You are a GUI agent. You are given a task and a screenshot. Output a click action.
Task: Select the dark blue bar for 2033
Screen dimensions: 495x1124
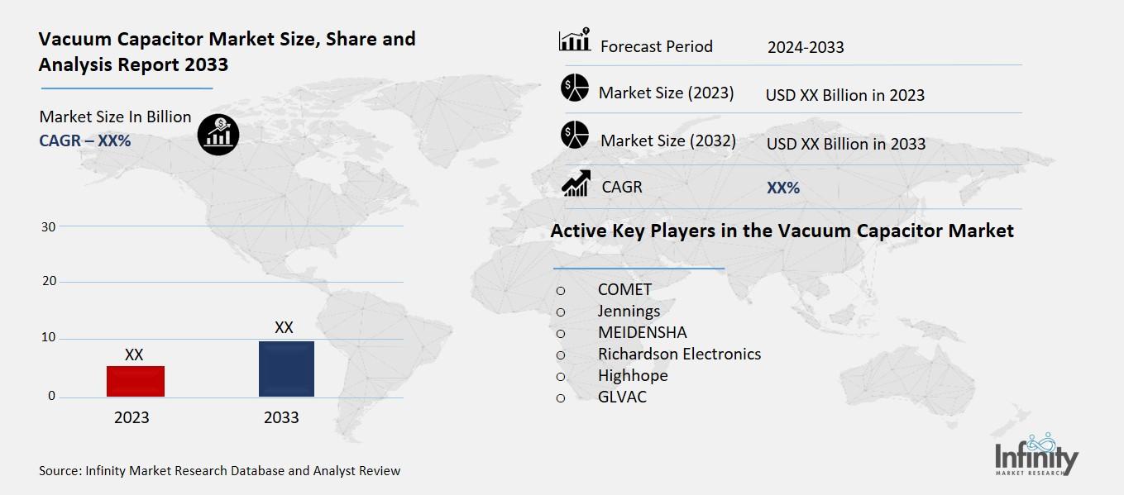[286, 369]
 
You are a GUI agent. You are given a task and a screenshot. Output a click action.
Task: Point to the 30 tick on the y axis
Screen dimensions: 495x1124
[49, 226]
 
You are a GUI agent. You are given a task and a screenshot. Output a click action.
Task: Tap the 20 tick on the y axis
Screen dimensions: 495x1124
[49, 282]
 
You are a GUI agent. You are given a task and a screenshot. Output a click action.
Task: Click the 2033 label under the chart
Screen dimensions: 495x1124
[281, 417]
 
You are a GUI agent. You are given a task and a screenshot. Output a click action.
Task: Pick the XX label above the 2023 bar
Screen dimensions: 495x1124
[134, 355]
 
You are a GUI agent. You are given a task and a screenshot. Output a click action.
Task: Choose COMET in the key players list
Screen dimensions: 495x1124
[624, 290]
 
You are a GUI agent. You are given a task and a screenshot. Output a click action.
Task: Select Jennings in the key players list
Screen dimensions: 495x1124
[629, 312]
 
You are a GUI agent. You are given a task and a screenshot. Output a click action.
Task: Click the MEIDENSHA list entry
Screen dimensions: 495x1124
[642, 333]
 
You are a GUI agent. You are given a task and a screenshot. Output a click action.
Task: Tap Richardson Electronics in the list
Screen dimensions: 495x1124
[679, 354]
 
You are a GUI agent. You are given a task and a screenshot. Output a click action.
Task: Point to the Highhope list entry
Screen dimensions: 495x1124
[633, 375]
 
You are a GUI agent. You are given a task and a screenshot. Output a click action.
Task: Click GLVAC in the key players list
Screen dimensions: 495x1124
[622, 397]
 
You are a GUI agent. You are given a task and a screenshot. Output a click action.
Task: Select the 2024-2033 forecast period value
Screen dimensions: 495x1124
[806, 47]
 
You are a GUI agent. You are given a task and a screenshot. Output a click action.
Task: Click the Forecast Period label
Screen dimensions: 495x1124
[656, 46]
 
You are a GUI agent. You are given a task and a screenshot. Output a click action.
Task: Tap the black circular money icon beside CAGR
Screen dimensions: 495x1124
[218, 134]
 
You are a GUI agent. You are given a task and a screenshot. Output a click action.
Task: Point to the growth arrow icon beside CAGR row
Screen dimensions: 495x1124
[575, 184]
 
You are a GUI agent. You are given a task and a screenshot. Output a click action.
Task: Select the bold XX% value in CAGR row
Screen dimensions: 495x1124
[783, 188]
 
